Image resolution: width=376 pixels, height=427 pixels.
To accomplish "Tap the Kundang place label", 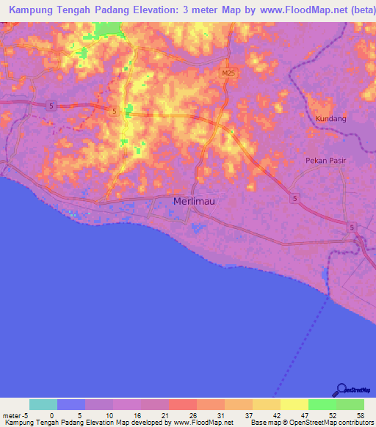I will [330, 118].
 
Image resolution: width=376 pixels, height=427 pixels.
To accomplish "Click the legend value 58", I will [360, 415].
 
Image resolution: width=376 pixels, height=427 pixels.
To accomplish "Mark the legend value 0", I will [51, 415].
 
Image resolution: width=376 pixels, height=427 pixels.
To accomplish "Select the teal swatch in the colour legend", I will [43, 404].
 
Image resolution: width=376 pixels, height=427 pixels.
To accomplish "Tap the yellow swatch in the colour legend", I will [294, 404].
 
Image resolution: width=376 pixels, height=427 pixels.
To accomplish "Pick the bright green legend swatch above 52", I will [322, 404].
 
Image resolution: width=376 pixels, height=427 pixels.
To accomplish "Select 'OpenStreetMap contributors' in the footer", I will [339, 423].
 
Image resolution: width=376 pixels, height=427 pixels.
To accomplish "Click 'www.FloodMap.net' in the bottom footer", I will [203, 423].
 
